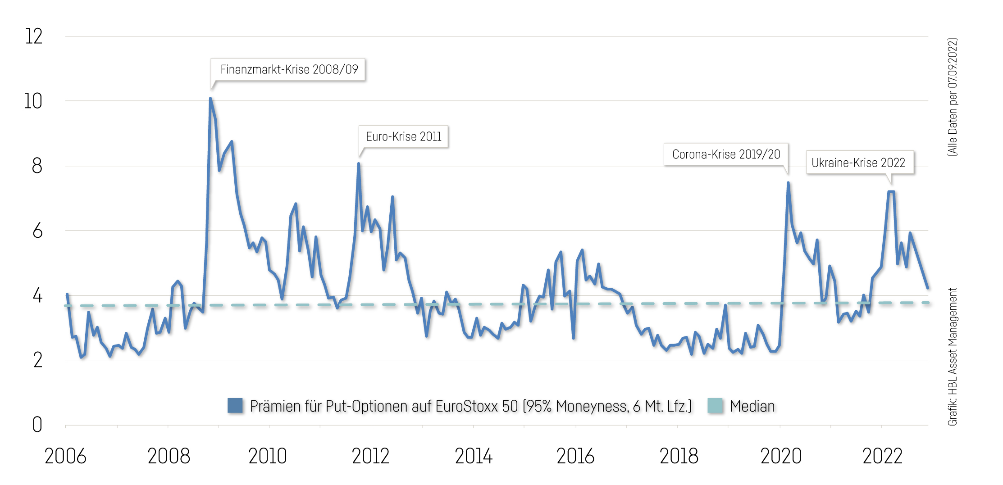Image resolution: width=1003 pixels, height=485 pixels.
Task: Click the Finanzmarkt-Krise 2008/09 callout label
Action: coord(288,70)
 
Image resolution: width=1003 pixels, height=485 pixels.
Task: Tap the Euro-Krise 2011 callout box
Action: coord(403,136)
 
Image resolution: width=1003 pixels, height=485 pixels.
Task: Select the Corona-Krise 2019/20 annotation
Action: coord(725,154)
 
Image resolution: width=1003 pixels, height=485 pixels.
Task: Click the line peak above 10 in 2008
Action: coord(210,98)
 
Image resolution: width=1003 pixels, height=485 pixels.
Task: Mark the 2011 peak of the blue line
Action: coord(359,164)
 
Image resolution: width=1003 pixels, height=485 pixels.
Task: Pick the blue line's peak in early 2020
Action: coord(788,183)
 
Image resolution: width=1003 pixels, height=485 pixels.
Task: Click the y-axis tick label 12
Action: coord(34,36)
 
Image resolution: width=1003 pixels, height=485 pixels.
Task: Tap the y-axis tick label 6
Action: coord(37,231)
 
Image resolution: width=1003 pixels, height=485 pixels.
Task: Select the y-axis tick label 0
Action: coord(37,425)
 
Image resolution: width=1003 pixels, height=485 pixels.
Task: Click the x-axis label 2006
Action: coord(65,456)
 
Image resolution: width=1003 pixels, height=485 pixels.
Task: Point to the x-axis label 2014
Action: coord(474,456)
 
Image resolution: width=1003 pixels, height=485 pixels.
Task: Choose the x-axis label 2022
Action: coord(882,456)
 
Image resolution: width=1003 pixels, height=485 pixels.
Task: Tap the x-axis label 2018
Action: coord(679,456)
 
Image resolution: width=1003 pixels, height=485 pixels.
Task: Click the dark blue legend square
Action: coord(235,405)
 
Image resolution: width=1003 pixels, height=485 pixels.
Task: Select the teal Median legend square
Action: coord(715,405)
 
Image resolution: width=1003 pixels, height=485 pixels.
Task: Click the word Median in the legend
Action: coord(752,406)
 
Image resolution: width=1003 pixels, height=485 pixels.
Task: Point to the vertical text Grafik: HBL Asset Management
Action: coord(952,357)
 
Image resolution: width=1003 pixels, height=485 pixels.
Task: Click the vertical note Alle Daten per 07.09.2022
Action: coord(952,97)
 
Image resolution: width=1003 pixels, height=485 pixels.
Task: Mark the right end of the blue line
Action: coord(927,288)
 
